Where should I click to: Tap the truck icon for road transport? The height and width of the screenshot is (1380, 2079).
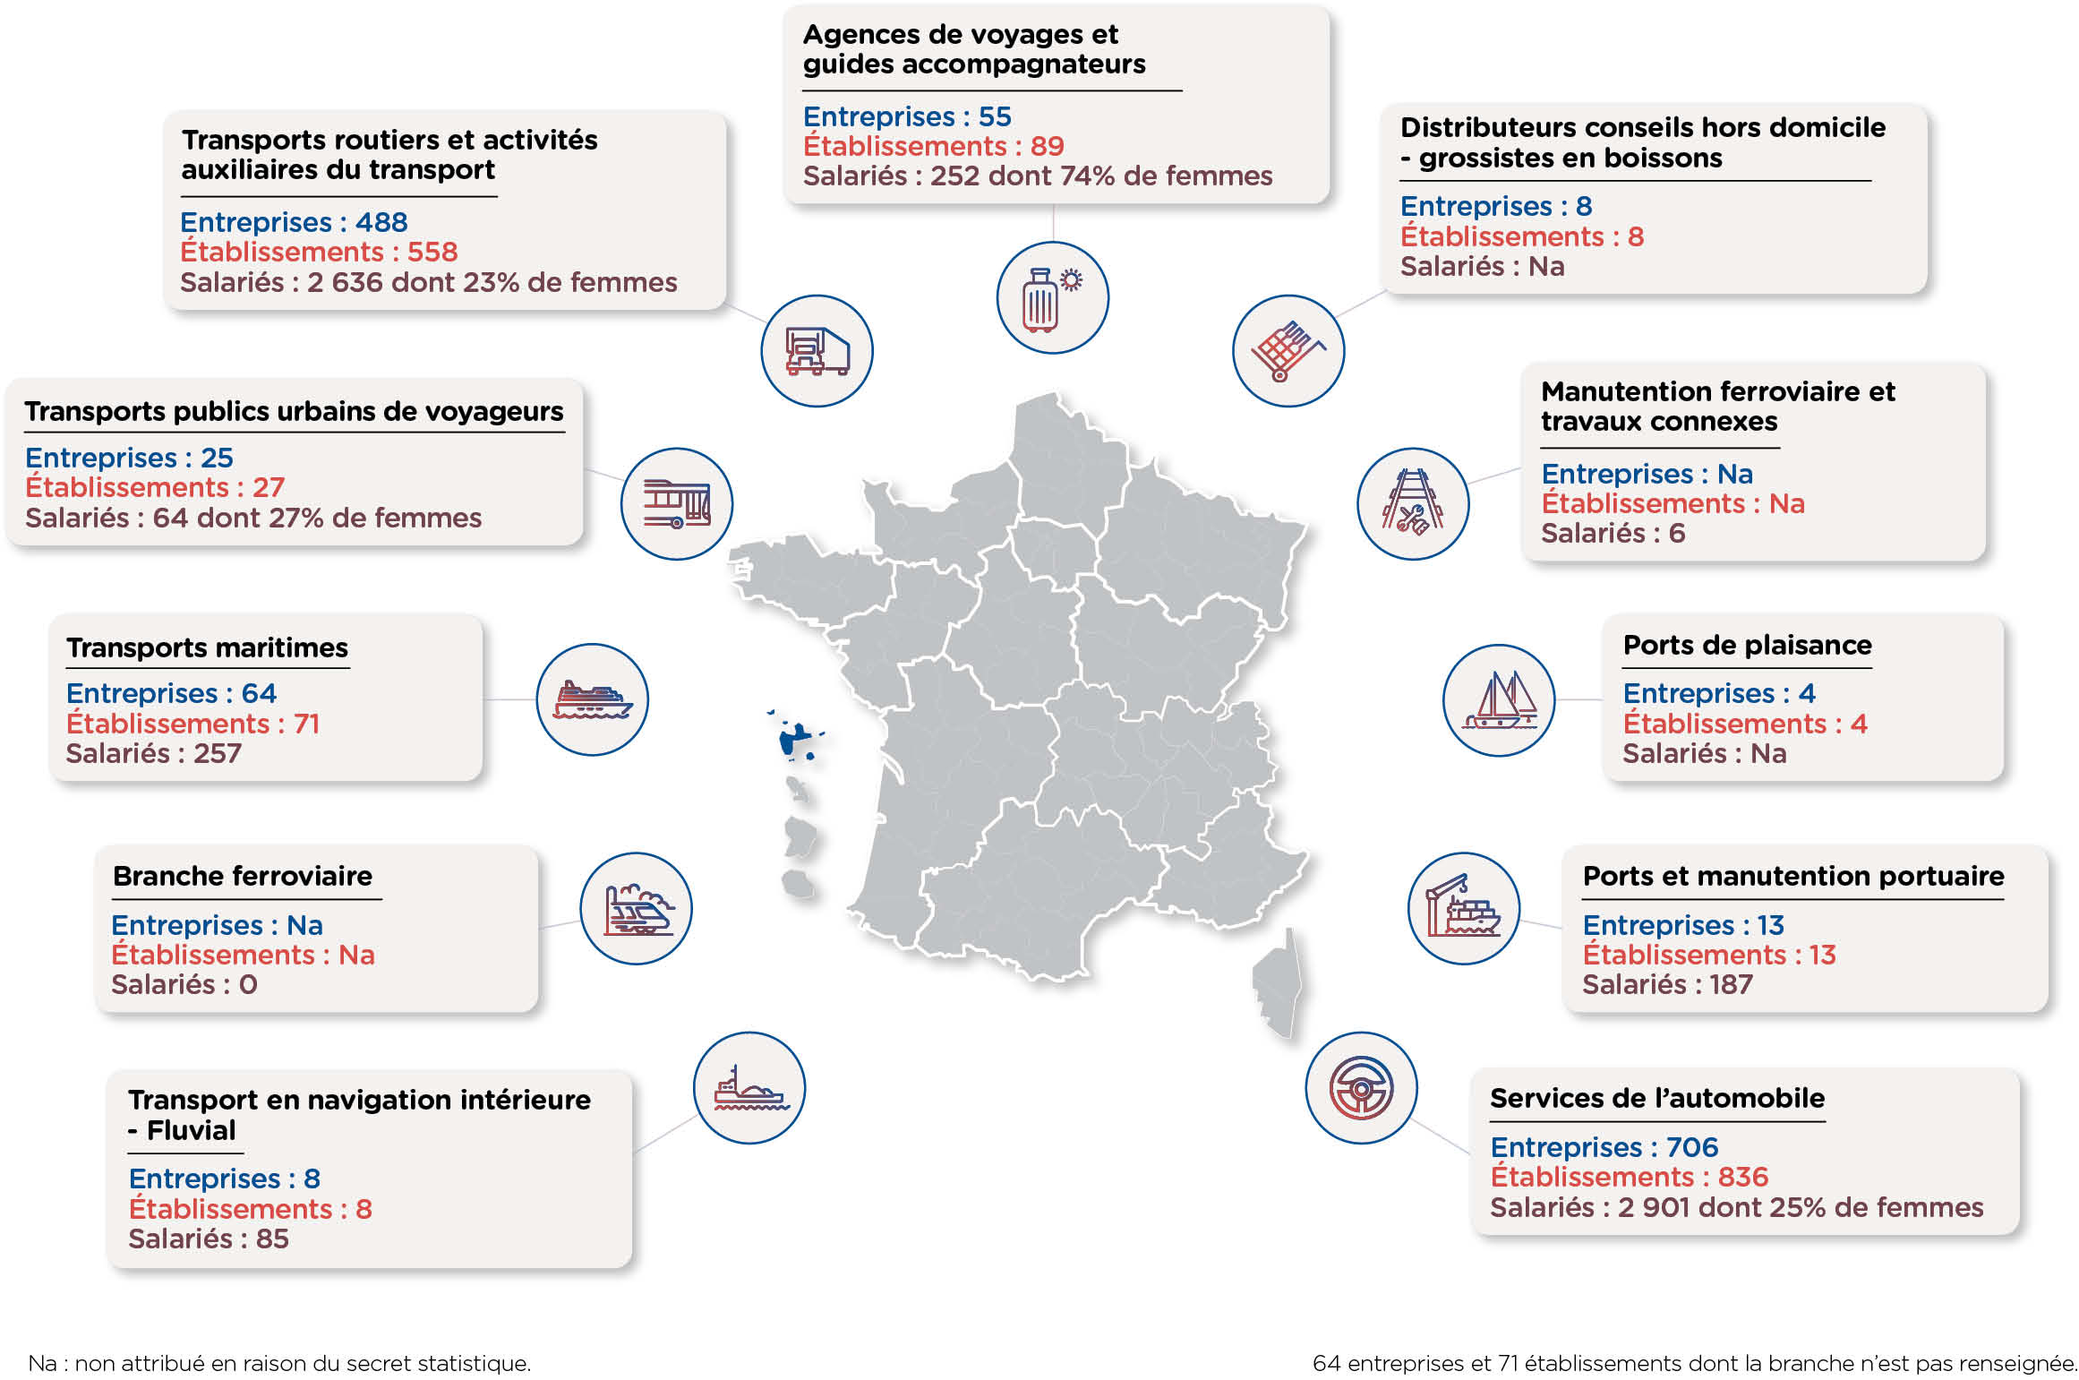(x=817, y=351)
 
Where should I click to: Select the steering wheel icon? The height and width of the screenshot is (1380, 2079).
(x=1361, y=1088)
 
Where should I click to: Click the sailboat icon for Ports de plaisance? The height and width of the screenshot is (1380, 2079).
(x=1499, y=700)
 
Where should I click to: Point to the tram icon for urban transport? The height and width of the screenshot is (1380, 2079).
(x=677, y=504)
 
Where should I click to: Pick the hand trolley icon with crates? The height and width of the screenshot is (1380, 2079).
(x=1288, y=351)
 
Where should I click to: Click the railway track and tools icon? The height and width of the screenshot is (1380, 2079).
(x=1413, y=504)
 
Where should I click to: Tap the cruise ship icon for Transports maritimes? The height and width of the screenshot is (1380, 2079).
(x=592, y=699)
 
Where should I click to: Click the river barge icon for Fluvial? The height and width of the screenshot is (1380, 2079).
(x=749, y=1088)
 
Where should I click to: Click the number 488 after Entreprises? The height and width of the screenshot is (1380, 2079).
(x=381, y=222)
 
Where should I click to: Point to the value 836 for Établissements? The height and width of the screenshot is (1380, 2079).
(x=1743, y=1177)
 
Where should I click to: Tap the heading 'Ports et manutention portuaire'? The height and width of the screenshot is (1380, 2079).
(x=1793, y=877)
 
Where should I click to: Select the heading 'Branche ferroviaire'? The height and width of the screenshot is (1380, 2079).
(x=243, y=876)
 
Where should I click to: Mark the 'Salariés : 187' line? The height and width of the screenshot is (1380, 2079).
(x=1667, y=984)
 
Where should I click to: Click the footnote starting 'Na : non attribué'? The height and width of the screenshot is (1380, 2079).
(x=279, y=1363)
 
